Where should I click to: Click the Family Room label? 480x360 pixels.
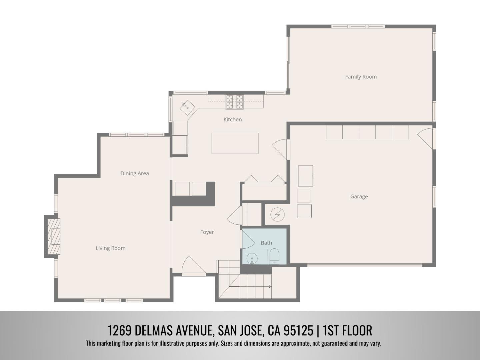pos(361,77)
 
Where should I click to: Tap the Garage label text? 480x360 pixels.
pos(359,197)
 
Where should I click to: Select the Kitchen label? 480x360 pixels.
pos(232,119)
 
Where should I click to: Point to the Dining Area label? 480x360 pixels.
pos(135,173)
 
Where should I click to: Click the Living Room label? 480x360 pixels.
pos(110,248)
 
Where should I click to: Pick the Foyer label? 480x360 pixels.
pos(207,232)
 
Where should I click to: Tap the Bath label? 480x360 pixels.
pos(266,243)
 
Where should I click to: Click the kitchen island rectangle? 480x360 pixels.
pos(235,143)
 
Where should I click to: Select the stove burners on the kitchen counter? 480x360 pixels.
pos(235,102)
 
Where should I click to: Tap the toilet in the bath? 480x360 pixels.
pos(274,256)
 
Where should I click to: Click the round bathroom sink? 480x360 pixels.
pos(252,258)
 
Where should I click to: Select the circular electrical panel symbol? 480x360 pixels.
pos(277,215)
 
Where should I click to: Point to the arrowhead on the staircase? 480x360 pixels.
pos(270,286)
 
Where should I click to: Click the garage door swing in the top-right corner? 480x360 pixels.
pos(426,137)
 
